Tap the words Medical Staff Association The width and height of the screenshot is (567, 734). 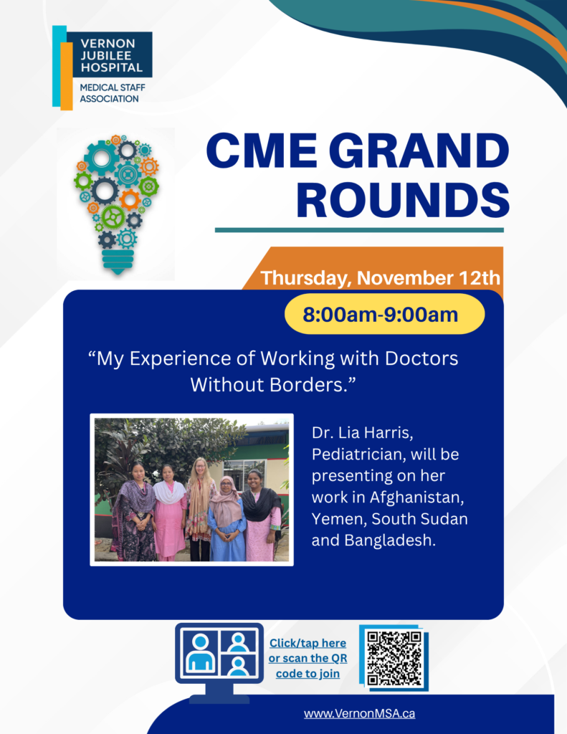113,93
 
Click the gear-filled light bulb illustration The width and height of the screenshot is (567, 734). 117,204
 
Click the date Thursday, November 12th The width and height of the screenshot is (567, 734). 380,277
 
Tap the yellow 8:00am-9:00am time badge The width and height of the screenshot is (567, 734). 384,314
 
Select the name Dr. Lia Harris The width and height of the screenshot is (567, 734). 363,433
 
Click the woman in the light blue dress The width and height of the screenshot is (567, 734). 227,520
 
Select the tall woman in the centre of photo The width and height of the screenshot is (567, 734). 200,509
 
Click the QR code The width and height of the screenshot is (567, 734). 394,658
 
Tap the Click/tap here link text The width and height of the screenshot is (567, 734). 308,643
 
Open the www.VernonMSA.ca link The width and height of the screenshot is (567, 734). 359,713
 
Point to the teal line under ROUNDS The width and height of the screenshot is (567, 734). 359,230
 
